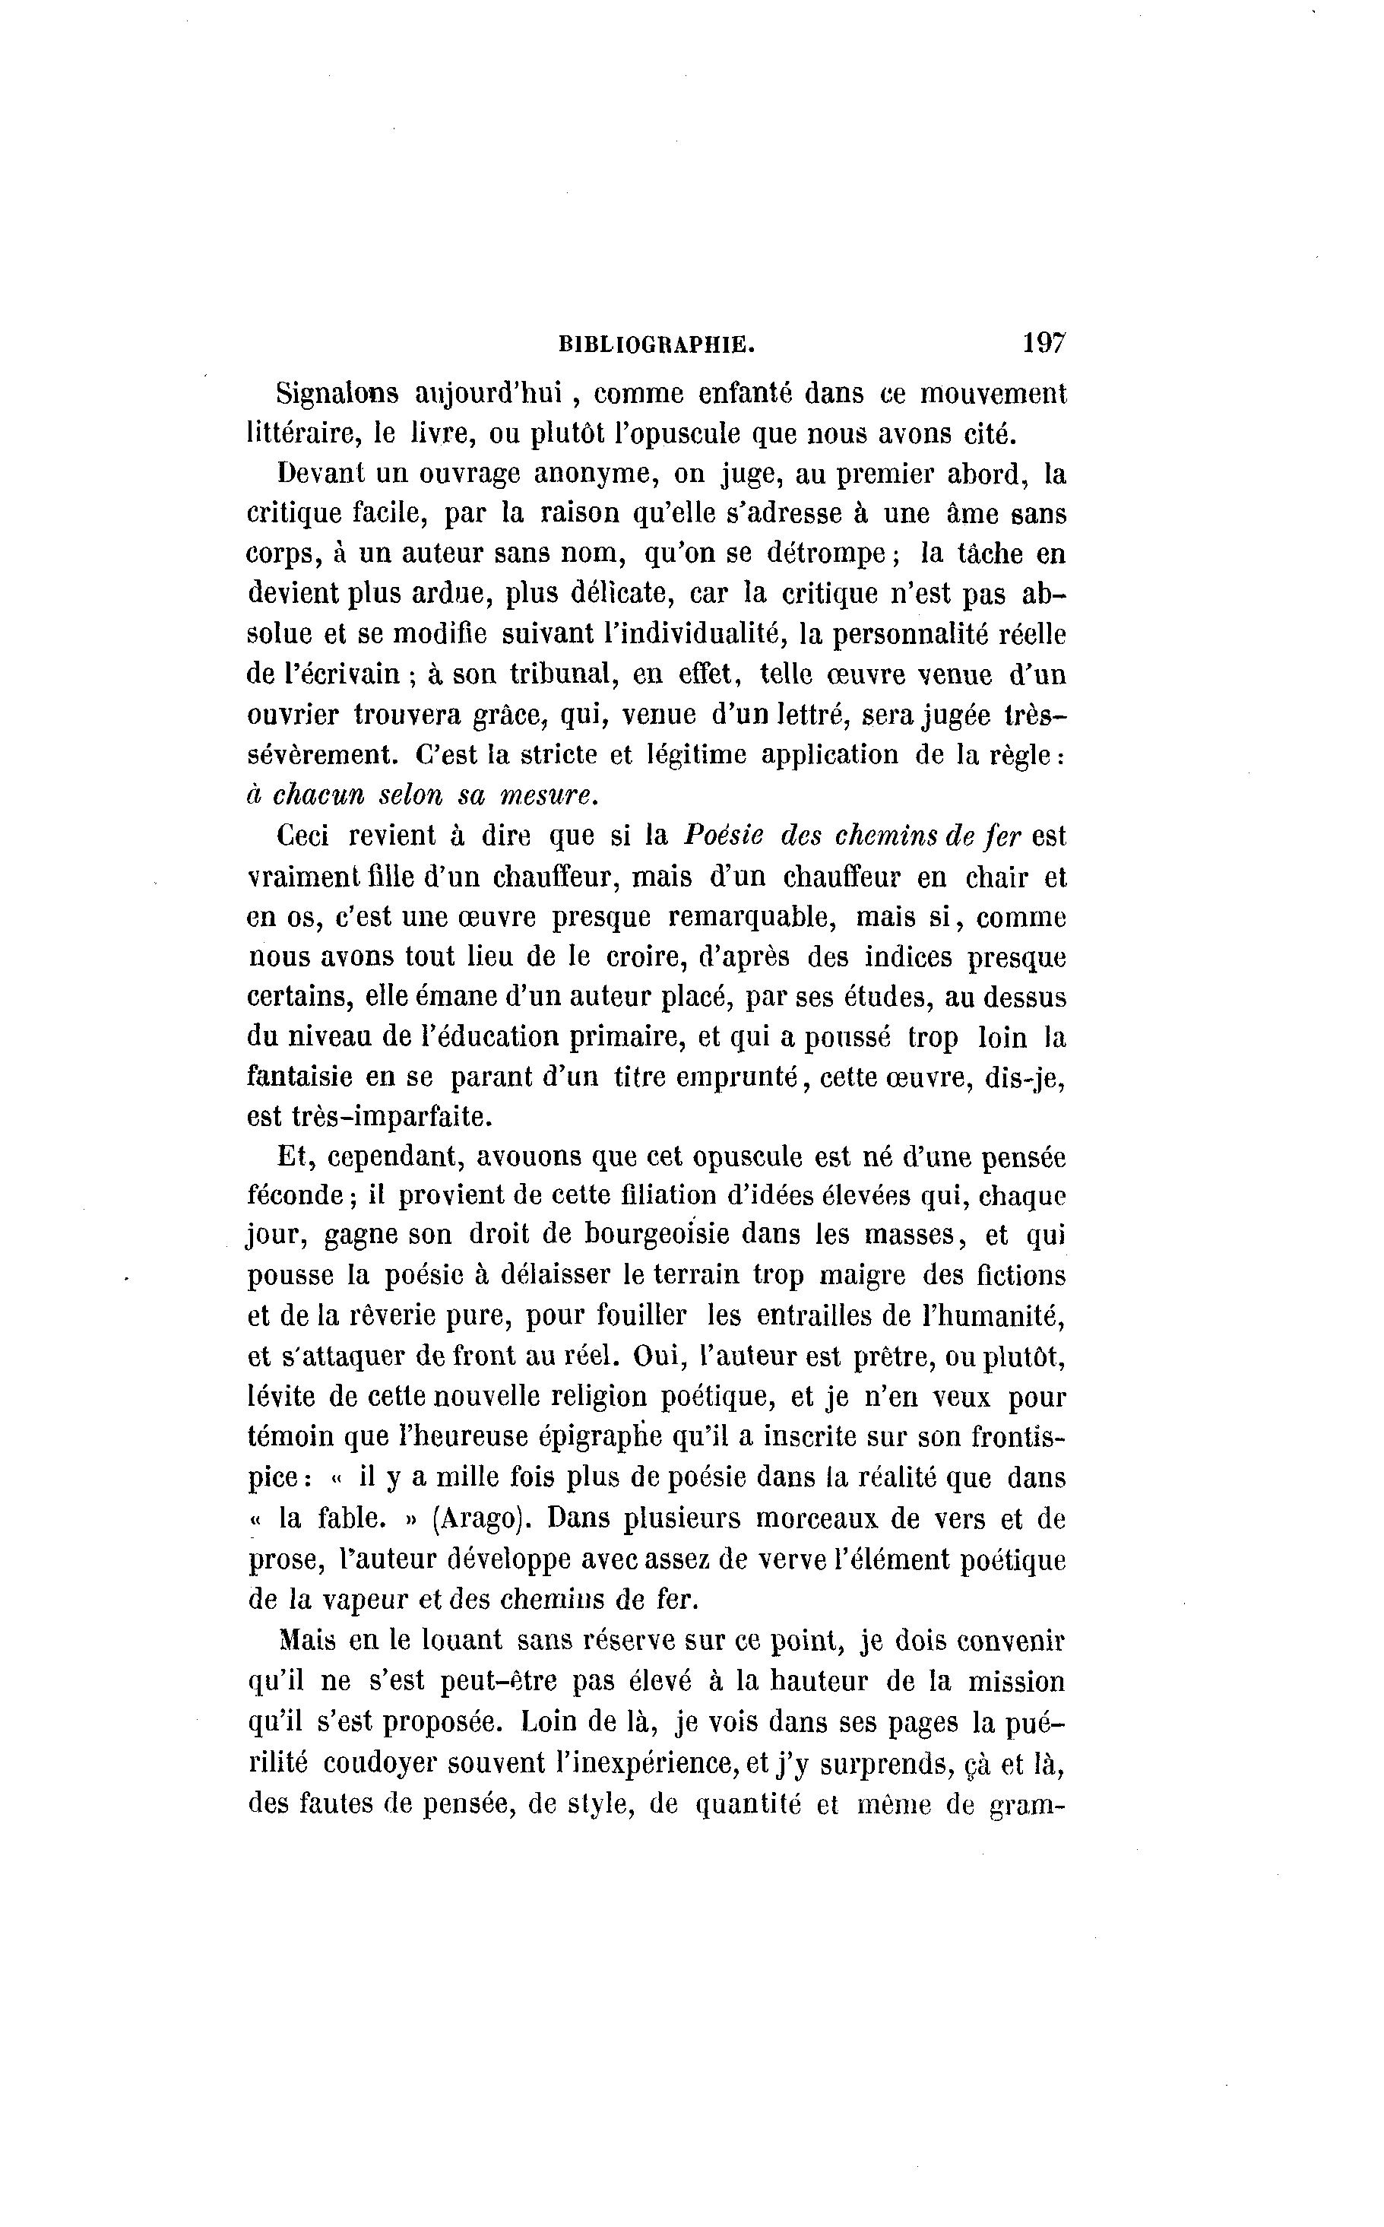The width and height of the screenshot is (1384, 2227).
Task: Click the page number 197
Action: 1044,344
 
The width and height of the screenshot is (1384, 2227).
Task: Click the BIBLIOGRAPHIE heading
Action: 657,345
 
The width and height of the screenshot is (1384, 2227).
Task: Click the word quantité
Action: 747,1804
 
